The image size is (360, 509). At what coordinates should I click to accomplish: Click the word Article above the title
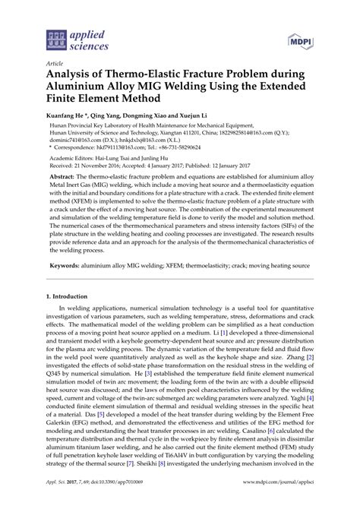click(x=55, y=65)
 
